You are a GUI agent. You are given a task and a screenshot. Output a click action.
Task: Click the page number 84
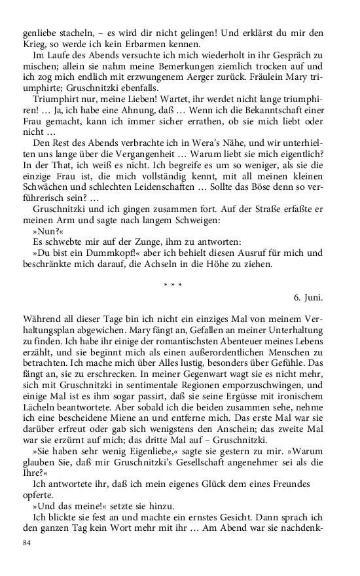coord(27,543)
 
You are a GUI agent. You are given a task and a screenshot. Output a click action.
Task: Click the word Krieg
coord(33,45)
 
